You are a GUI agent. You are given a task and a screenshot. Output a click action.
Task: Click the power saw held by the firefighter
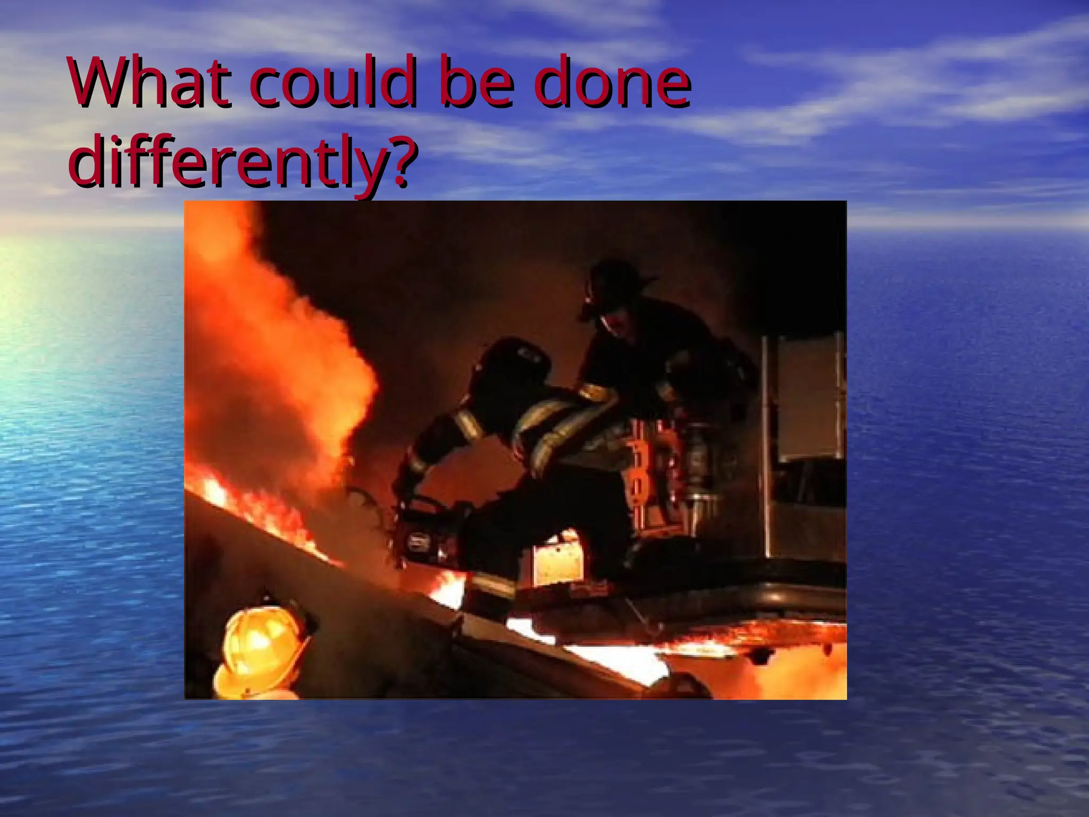pos(425,532)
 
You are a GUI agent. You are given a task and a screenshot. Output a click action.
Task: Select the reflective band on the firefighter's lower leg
pos(492,585)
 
